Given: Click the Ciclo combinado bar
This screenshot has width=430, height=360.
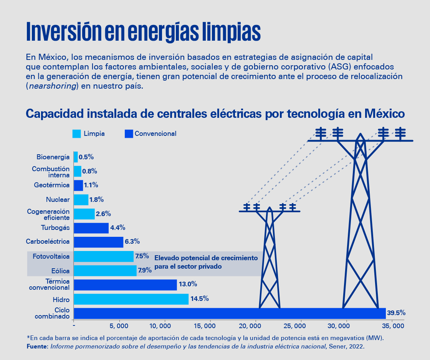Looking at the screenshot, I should click(x=230, y=313).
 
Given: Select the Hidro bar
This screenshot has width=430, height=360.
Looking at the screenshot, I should click(x=131, y=299).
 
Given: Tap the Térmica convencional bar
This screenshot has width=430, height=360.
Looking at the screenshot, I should click(x=125, y=285).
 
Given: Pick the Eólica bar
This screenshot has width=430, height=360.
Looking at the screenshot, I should click(x=105, y=271).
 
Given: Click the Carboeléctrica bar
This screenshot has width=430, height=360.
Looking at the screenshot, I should click(x=98, y=242).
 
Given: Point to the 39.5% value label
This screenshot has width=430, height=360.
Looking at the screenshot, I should click(x=396, y=313).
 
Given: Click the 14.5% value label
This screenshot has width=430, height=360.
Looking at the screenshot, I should click(x=199, y=299).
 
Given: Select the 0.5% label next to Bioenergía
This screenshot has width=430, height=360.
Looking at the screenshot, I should click(x=86, y=157).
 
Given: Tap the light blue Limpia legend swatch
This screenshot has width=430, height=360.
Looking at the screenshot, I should click(x=77, y=134).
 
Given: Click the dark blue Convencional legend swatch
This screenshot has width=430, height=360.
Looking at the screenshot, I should click(x=129, y=134).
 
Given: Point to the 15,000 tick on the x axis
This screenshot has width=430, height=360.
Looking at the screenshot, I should click(x=210, y=326).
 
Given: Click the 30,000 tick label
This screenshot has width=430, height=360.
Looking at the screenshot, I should click(x=346, y=326).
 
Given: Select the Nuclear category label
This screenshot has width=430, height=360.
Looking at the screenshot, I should click(x=58, y=200).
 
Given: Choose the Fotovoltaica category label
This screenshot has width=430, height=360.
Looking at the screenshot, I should click(x=51, y=256).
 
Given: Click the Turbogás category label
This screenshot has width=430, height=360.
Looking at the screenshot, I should click(x=55, y=228).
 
